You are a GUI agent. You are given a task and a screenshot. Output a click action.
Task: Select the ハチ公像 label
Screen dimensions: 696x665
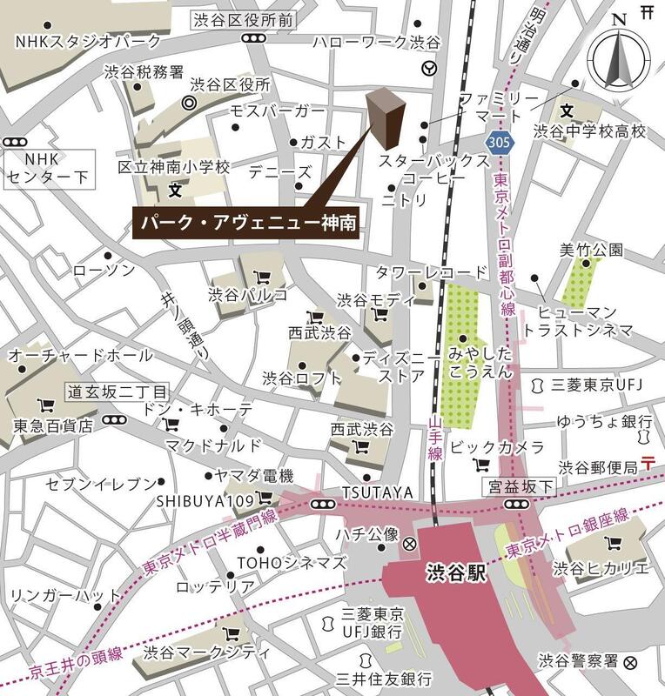(366, 533)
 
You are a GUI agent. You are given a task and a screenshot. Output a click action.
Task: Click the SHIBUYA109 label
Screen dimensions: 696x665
(205, 500)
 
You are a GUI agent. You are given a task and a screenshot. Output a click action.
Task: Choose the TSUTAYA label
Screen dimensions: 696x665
(378, 492)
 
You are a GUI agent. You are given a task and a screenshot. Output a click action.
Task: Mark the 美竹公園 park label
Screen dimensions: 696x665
(592, 250)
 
